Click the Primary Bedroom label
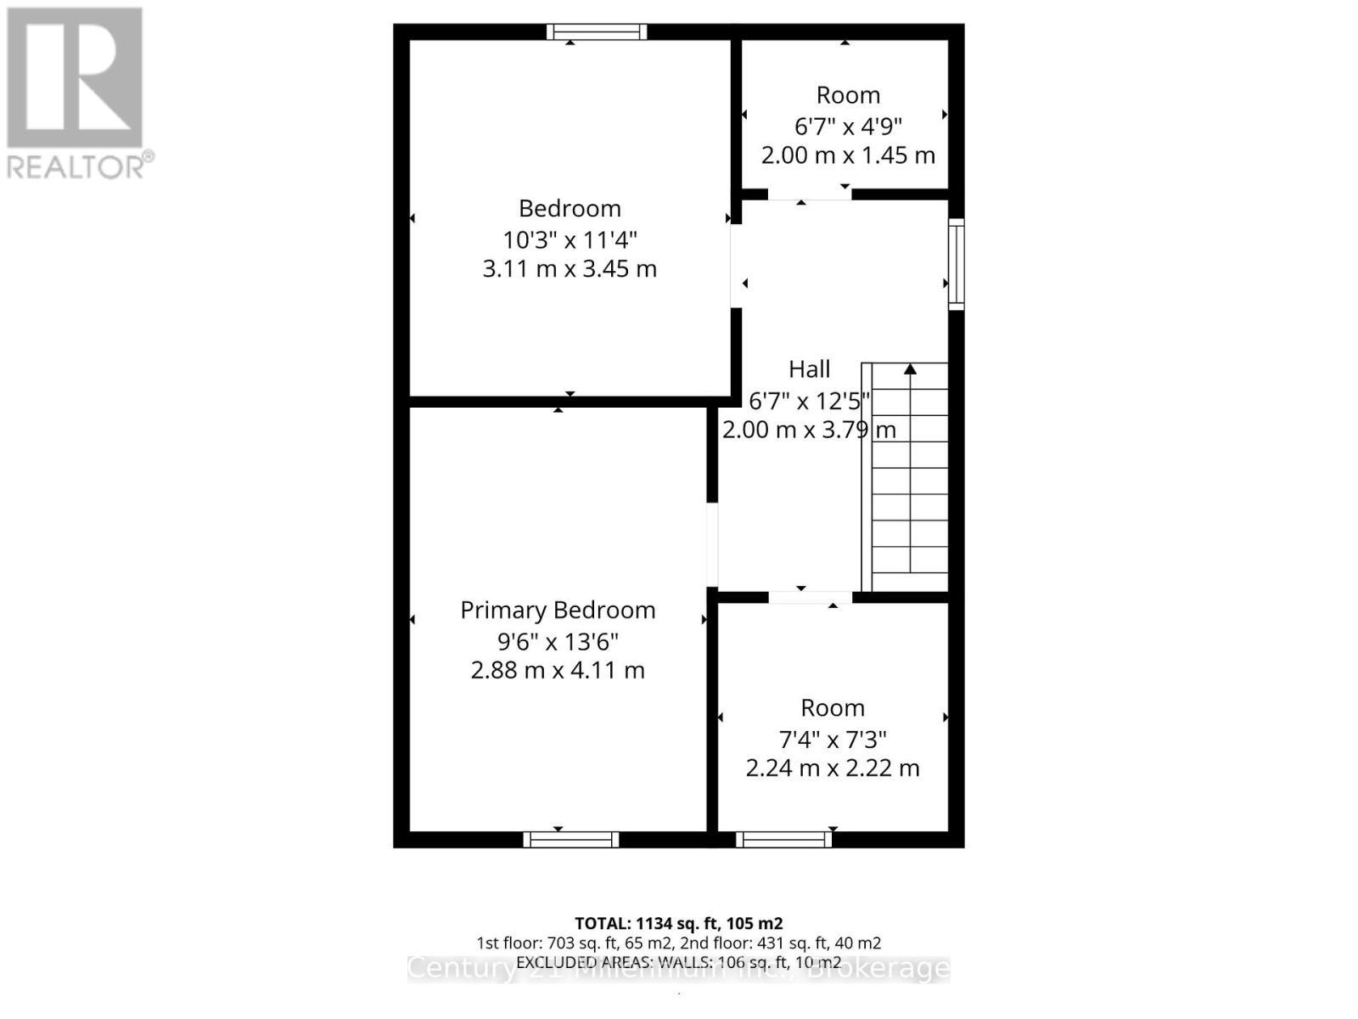[558, 610]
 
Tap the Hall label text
[809, 369]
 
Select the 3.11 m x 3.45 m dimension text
[570, 268]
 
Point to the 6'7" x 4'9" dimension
[848, 126]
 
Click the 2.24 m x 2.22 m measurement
[833, 768]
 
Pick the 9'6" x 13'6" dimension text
[558, 640]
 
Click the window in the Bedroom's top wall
[597, 32]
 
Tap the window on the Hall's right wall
[956, 263]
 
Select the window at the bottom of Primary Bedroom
[571, 839]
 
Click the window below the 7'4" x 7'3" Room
[783, 839]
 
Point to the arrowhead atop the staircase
[911, 369]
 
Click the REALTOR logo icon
[75, 77]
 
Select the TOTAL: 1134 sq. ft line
[678, 923]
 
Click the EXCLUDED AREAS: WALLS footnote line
[678, 962]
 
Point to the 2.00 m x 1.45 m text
[848, 155]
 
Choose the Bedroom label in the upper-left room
[570, 208]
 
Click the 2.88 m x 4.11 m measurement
[558, 670]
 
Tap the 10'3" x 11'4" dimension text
[570, 239]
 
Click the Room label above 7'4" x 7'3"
[833, 707]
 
